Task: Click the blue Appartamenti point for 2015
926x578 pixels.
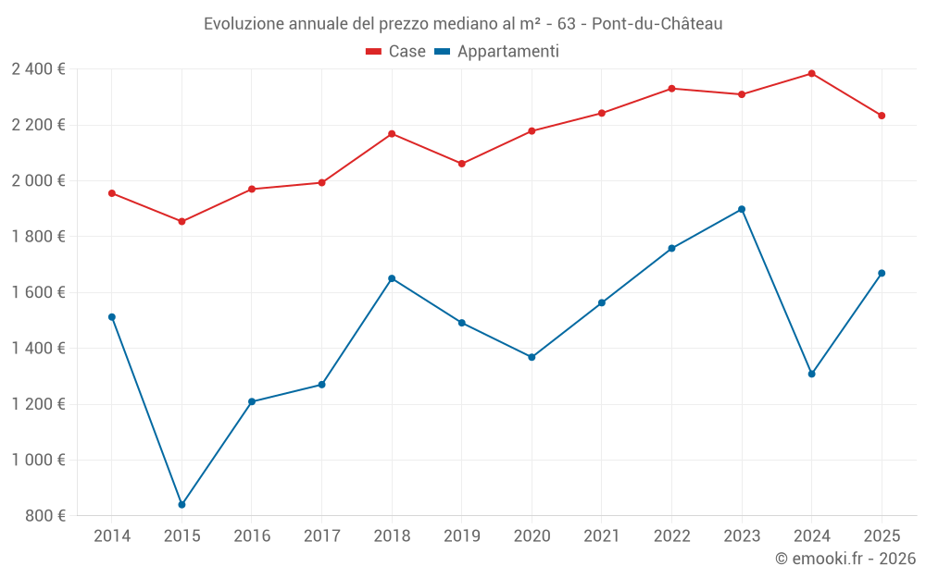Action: pos(181,505)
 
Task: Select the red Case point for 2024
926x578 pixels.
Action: pos(811,73)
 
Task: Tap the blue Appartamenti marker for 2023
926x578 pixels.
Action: pos(742,209)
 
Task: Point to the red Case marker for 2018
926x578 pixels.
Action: pos(392,134)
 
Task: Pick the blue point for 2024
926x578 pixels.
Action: pos(811,374)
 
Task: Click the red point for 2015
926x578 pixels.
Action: pos(181,222)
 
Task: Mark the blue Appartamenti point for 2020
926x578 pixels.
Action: pos(532,357)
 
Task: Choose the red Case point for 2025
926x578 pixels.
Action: pos(882,116)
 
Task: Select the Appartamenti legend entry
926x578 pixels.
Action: pos(497,52)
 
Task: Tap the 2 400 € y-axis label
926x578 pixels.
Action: pos(38,69)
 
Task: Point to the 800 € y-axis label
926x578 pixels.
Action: pos(45,516)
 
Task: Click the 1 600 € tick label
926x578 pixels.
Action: pos(38,292)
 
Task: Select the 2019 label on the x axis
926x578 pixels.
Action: pos(461,536)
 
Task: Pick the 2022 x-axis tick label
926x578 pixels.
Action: pos(671,536)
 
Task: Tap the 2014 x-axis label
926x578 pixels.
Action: pos(112,536)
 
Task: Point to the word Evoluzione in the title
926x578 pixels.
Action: pos(243,24)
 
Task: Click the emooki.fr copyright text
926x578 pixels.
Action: pos(845,559)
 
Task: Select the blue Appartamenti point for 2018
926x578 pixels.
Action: pos(392,278)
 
